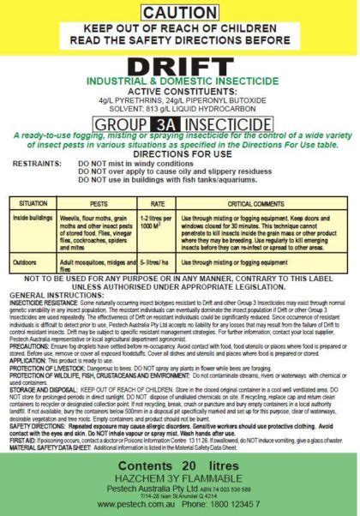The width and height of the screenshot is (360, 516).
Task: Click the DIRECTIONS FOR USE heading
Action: pyautogui.click(x=180, y=151)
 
